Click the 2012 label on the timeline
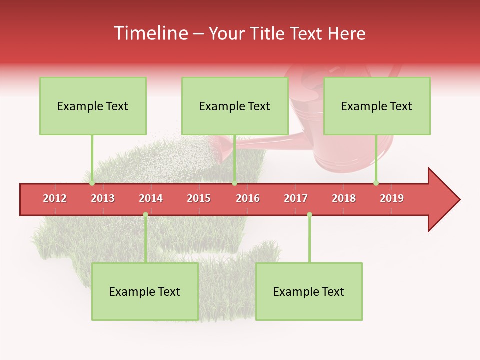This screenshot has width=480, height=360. point(55,198)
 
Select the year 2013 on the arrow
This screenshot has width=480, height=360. point(103,198)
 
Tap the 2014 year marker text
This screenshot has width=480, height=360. point(151,198)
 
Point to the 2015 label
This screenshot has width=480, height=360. point(199,198)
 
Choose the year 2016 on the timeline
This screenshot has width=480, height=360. point(248,198)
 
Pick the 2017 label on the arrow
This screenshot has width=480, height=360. point(296,198)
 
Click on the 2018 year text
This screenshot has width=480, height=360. point(344,198)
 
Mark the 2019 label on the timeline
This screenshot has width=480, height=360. point(392,198)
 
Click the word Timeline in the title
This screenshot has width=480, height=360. point(150,33)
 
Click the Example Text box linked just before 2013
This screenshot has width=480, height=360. point(93,106)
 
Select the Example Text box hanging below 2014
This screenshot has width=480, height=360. point(145,292)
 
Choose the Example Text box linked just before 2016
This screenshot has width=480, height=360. point(235,106)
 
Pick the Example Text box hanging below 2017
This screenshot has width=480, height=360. point(309,292)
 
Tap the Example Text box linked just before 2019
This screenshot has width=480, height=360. point(377,106)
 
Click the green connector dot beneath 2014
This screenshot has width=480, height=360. point(145,214)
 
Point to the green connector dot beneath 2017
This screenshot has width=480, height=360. point(309,214)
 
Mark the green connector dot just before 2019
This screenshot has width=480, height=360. point(376,183)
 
